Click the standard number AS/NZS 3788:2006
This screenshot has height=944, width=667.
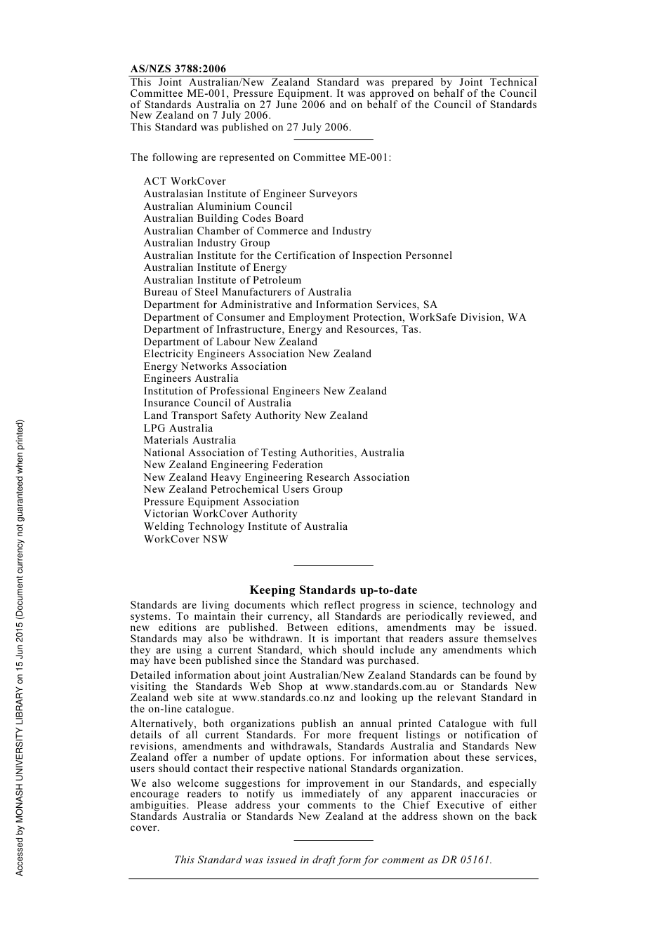coord(178,69)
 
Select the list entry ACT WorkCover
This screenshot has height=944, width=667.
coord(185,181)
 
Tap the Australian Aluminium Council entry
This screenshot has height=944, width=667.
coord(218,206)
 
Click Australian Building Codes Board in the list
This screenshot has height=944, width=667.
coord(223,218)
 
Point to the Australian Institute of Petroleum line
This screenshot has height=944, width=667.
coord(223,280)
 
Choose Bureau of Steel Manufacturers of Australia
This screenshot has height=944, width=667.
coord(247,292)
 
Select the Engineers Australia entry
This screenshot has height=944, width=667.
coord(191,378)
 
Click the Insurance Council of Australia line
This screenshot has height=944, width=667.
coord(217,403)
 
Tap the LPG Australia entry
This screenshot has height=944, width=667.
coord(178,428)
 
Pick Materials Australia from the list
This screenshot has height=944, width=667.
coord(190,440)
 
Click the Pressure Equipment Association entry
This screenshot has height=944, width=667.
coord(221,502)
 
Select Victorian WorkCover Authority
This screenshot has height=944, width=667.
coord(220,514)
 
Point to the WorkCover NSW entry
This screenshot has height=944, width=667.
coord(186,539)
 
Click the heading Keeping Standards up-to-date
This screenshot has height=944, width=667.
coord(333,590)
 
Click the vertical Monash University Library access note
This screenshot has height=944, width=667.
coord(20,648)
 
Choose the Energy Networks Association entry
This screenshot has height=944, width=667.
coord(215,366)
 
